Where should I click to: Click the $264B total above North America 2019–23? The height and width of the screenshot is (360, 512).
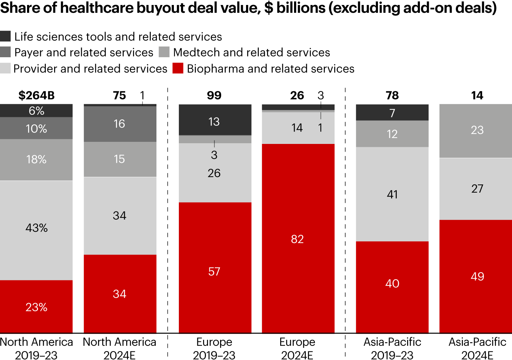pos(36,95)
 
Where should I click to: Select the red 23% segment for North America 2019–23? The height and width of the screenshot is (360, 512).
pos(36,306)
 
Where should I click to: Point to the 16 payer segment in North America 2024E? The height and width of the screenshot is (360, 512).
pos(120,124)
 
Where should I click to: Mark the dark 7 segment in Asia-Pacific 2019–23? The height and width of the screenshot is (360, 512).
pos(392,113)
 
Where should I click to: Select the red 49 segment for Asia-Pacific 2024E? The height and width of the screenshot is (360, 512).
pos(476,276)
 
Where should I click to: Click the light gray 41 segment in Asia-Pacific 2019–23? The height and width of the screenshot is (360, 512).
pos(392,194)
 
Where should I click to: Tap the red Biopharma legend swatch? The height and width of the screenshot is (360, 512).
pos(178,68)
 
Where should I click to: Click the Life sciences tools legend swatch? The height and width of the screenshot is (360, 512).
pos(5,36)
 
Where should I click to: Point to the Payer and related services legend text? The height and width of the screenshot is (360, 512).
pos(84,53)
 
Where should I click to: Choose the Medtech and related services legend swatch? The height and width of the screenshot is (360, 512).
pos(164,52)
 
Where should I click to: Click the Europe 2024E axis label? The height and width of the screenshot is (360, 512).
pos(297,348)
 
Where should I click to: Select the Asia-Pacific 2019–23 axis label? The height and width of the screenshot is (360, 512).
pos(392,348)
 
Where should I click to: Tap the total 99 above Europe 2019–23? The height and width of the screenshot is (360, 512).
pos(214,95)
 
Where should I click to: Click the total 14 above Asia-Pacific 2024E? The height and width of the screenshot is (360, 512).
pos(477,95)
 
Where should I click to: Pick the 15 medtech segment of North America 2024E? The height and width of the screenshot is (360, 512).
pos(120,159)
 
